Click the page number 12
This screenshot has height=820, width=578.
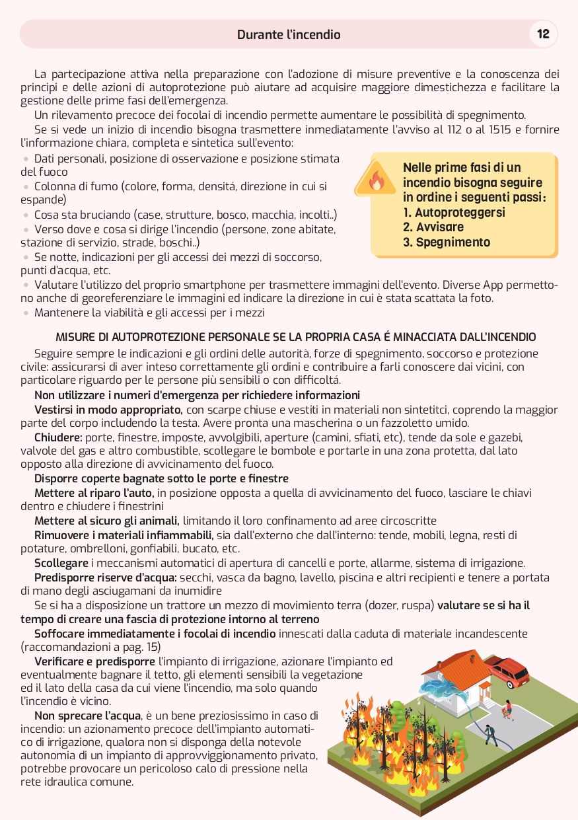click(543, 34)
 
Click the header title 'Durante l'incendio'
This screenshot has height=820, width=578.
click(289, 34)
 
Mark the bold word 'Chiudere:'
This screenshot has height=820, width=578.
click(58, 437)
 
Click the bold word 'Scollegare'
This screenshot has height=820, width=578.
click(61, 563)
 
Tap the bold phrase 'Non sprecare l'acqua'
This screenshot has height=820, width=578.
click(87, 716)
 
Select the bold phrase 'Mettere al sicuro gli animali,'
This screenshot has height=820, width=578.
click(107, 521)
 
